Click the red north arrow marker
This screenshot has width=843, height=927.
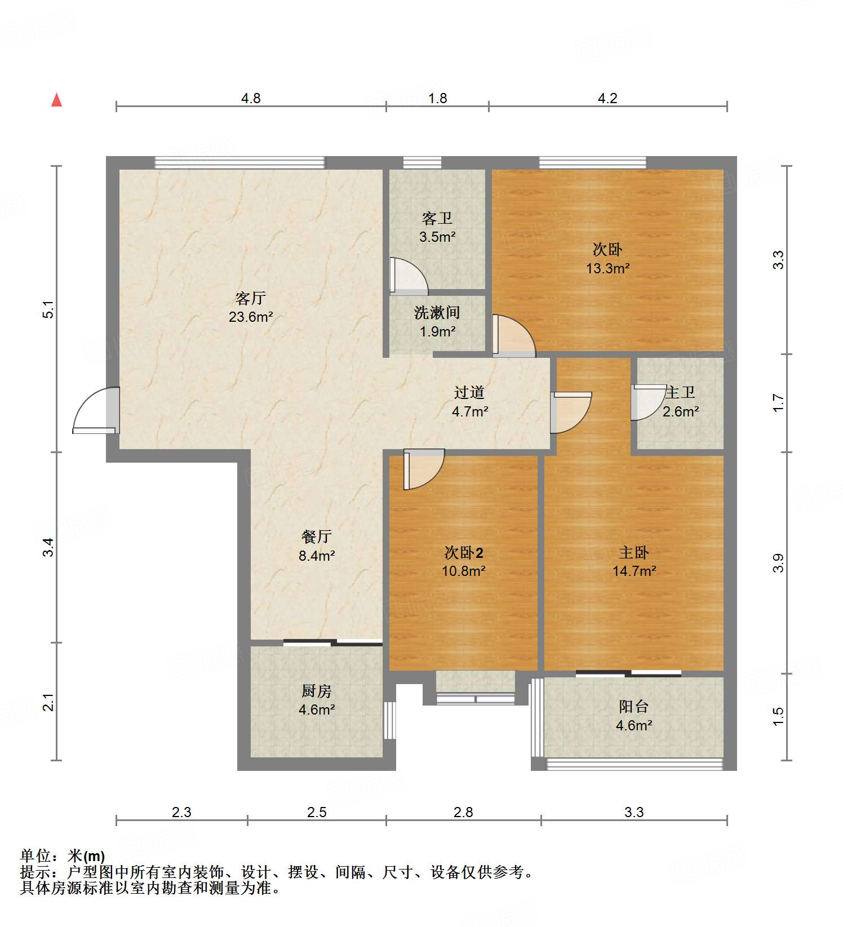coord(56,100)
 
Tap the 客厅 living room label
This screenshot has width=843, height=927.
coord(250,298)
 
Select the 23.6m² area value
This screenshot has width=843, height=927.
coord(251,317)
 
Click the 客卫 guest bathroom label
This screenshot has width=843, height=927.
coord(437,218)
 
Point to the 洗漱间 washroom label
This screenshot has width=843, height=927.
coord(437,312)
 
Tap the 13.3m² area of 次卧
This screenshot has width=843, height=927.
coord(607,268)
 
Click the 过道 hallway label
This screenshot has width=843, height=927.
coord(469,392)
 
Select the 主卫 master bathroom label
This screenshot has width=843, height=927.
coord(680,392)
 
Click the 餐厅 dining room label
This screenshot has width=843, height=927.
coord(316,536)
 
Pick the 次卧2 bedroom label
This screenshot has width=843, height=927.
coord(463,552)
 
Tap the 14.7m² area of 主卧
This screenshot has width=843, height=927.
coord(634,571)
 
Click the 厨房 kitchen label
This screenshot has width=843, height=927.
coord(316,691)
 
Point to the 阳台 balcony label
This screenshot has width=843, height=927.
coord(634,706)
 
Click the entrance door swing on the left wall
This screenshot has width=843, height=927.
coord(95,410)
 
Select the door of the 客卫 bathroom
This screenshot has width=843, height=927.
coord(409,277)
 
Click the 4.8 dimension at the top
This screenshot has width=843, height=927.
coord(251,98)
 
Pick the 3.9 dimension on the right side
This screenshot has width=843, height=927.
coord(778,563)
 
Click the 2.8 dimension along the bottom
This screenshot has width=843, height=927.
coord(463,812)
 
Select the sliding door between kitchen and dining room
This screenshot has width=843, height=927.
coord(332,642)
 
